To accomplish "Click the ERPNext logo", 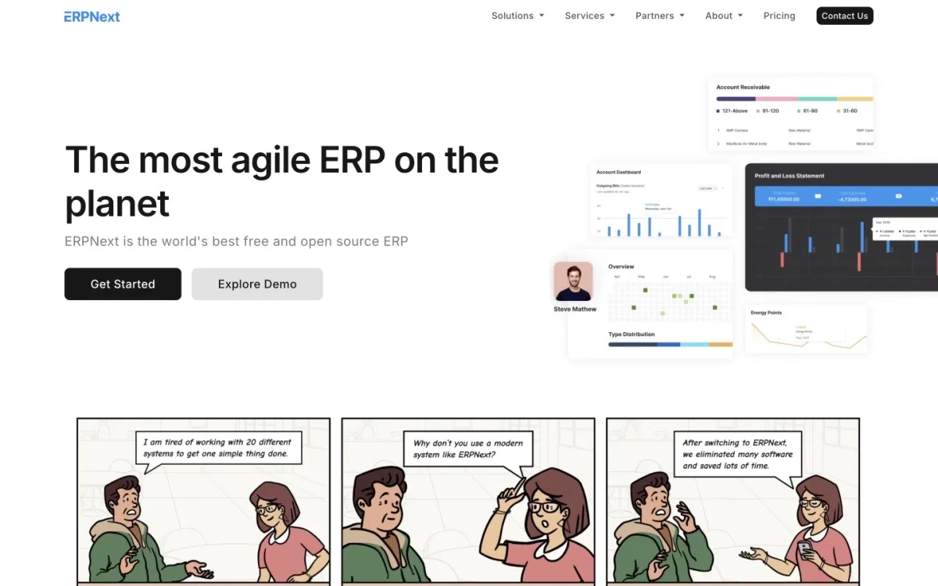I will pyautogui.click(x=92, y=16).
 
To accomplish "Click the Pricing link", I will pyautogui.click(x=779, y=16).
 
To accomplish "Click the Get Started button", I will pyautogui.click(x=123, y=284).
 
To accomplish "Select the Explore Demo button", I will pyautogui.click(x=257, y=284).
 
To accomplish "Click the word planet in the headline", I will pyautogui.click(x=117, y=205).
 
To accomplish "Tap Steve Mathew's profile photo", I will pyautogui.click(x=573, y=281).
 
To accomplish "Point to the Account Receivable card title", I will pyautogui.click(x=743, y=88).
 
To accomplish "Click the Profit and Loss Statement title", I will pyautogui.click(x=789, y=176).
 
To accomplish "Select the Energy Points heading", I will pyautogui.click(x=766, y=313).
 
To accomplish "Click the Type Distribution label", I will pyautogui.click(x=632, y=334).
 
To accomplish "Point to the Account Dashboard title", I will pyautogui.click(x=618, y=172).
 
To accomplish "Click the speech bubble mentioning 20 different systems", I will pyautogui.click(x=218, y=448).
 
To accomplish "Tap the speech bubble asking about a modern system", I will pyautogui.click(x=467, y=448).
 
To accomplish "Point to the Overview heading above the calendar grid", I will pyautogui.click(x=621, y=266).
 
